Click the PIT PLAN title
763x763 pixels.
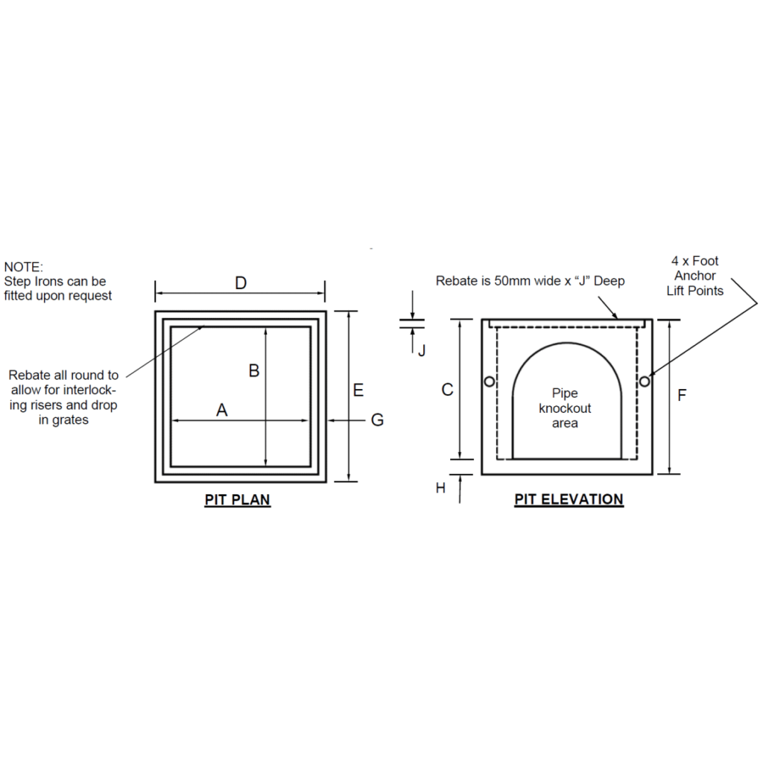[x=238, y=500]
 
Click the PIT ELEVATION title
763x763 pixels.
[x=569, y=499]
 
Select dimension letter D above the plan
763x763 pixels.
[x=241, y=282]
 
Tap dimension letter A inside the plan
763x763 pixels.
[x=222, y=410]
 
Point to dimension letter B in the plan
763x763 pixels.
[x=254, y=371]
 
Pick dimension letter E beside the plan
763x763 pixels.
[x=358, y=390]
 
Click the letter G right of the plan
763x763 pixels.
[x=378, y=420]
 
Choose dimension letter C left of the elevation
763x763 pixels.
[x=447, y=390]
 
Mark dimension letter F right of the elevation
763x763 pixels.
[x=682, y=395]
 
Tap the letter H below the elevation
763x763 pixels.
[x=440, y=488]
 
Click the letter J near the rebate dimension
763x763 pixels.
[x=422, y=350]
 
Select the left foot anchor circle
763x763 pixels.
[x=490, y=381]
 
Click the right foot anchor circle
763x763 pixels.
[x=645, y=381]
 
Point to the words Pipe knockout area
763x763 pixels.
[x=565, y=408]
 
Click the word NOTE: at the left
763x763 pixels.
[x=23, y=267]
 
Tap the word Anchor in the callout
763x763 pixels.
[x=695, y=276]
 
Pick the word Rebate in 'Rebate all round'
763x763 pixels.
[x=30, y=376]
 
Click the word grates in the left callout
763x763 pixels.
[x=70, y=420]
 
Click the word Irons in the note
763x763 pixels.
[x=48, y=281]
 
